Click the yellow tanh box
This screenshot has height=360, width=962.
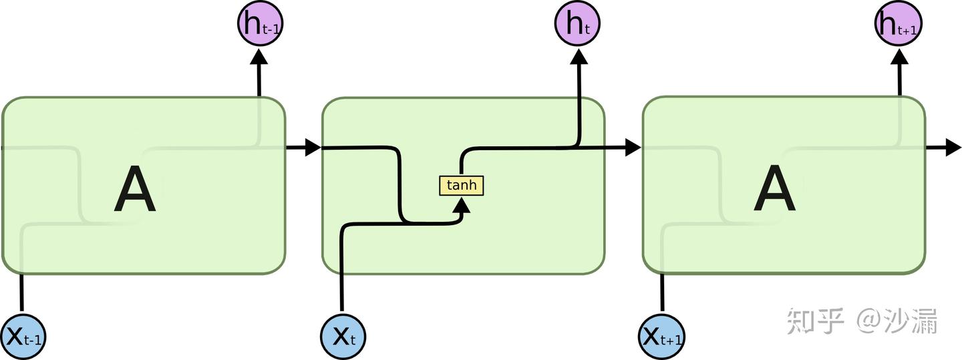point(461,185)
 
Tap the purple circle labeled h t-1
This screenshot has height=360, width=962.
point(260,25)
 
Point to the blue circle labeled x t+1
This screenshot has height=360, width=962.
point(662,336)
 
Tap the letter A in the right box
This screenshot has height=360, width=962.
point(775,190)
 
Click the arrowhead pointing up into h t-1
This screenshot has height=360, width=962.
point(259,56)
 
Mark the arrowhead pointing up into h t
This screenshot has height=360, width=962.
point(579,56)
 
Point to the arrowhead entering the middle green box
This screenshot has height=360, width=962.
point(313,148)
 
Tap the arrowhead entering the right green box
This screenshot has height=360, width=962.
point(633,148)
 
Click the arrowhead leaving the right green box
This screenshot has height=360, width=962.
point(953,148)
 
